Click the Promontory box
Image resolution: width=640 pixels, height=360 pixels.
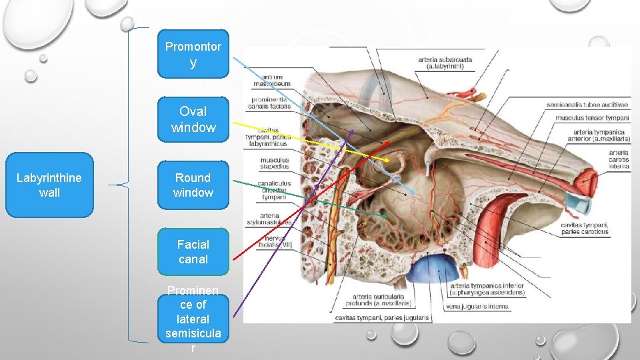click(x=193, y=54)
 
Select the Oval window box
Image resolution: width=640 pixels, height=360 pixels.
click(x=193, y=119)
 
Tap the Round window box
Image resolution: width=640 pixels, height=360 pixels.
click(x=193, y=185)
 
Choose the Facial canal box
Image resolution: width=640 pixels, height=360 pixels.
click(x=193, y=252)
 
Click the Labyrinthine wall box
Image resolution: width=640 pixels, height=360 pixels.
click(x=49, y=185)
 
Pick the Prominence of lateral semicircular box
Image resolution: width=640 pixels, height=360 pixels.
click(x=193, y=319)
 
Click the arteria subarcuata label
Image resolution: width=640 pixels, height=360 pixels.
click(x=445, y=63)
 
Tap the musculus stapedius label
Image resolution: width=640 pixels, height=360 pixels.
click(x=275, y=163)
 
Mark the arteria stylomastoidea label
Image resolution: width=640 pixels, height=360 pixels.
click(x=270, y=219)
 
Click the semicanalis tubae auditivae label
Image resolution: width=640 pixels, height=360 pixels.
click(x=587, y=105)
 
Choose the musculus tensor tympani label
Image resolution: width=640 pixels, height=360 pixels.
click(x=591, y=118)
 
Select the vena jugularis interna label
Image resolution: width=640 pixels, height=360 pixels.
click(x=479, y=307)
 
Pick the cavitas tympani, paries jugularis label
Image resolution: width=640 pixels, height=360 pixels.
click(x=383, y=318)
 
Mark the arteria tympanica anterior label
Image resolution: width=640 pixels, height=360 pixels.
click(x=591, y=135)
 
